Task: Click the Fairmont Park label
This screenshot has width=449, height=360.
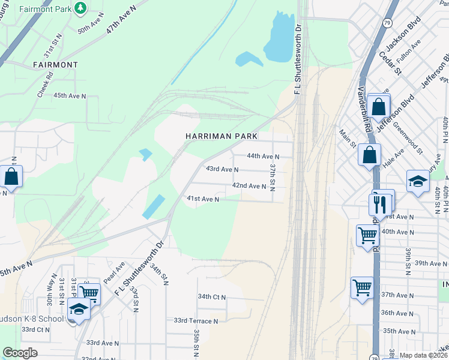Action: pos(44,10)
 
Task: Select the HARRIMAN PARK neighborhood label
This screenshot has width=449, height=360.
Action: pos(221,136)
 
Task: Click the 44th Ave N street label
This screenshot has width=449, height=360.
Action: pos(264,156)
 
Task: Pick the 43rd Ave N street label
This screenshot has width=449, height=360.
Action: pos(222,169)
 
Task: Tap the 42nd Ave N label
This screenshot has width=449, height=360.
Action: pos(249,186)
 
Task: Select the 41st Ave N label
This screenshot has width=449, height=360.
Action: pos(202,199)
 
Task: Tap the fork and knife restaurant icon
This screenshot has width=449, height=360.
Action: pos(381,203)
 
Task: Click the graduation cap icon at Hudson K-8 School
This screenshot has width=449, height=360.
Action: pos(78,309)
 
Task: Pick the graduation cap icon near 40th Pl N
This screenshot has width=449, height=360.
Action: pos(417,182)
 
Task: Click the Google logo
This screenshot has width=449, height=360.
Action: pos(20,353)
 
